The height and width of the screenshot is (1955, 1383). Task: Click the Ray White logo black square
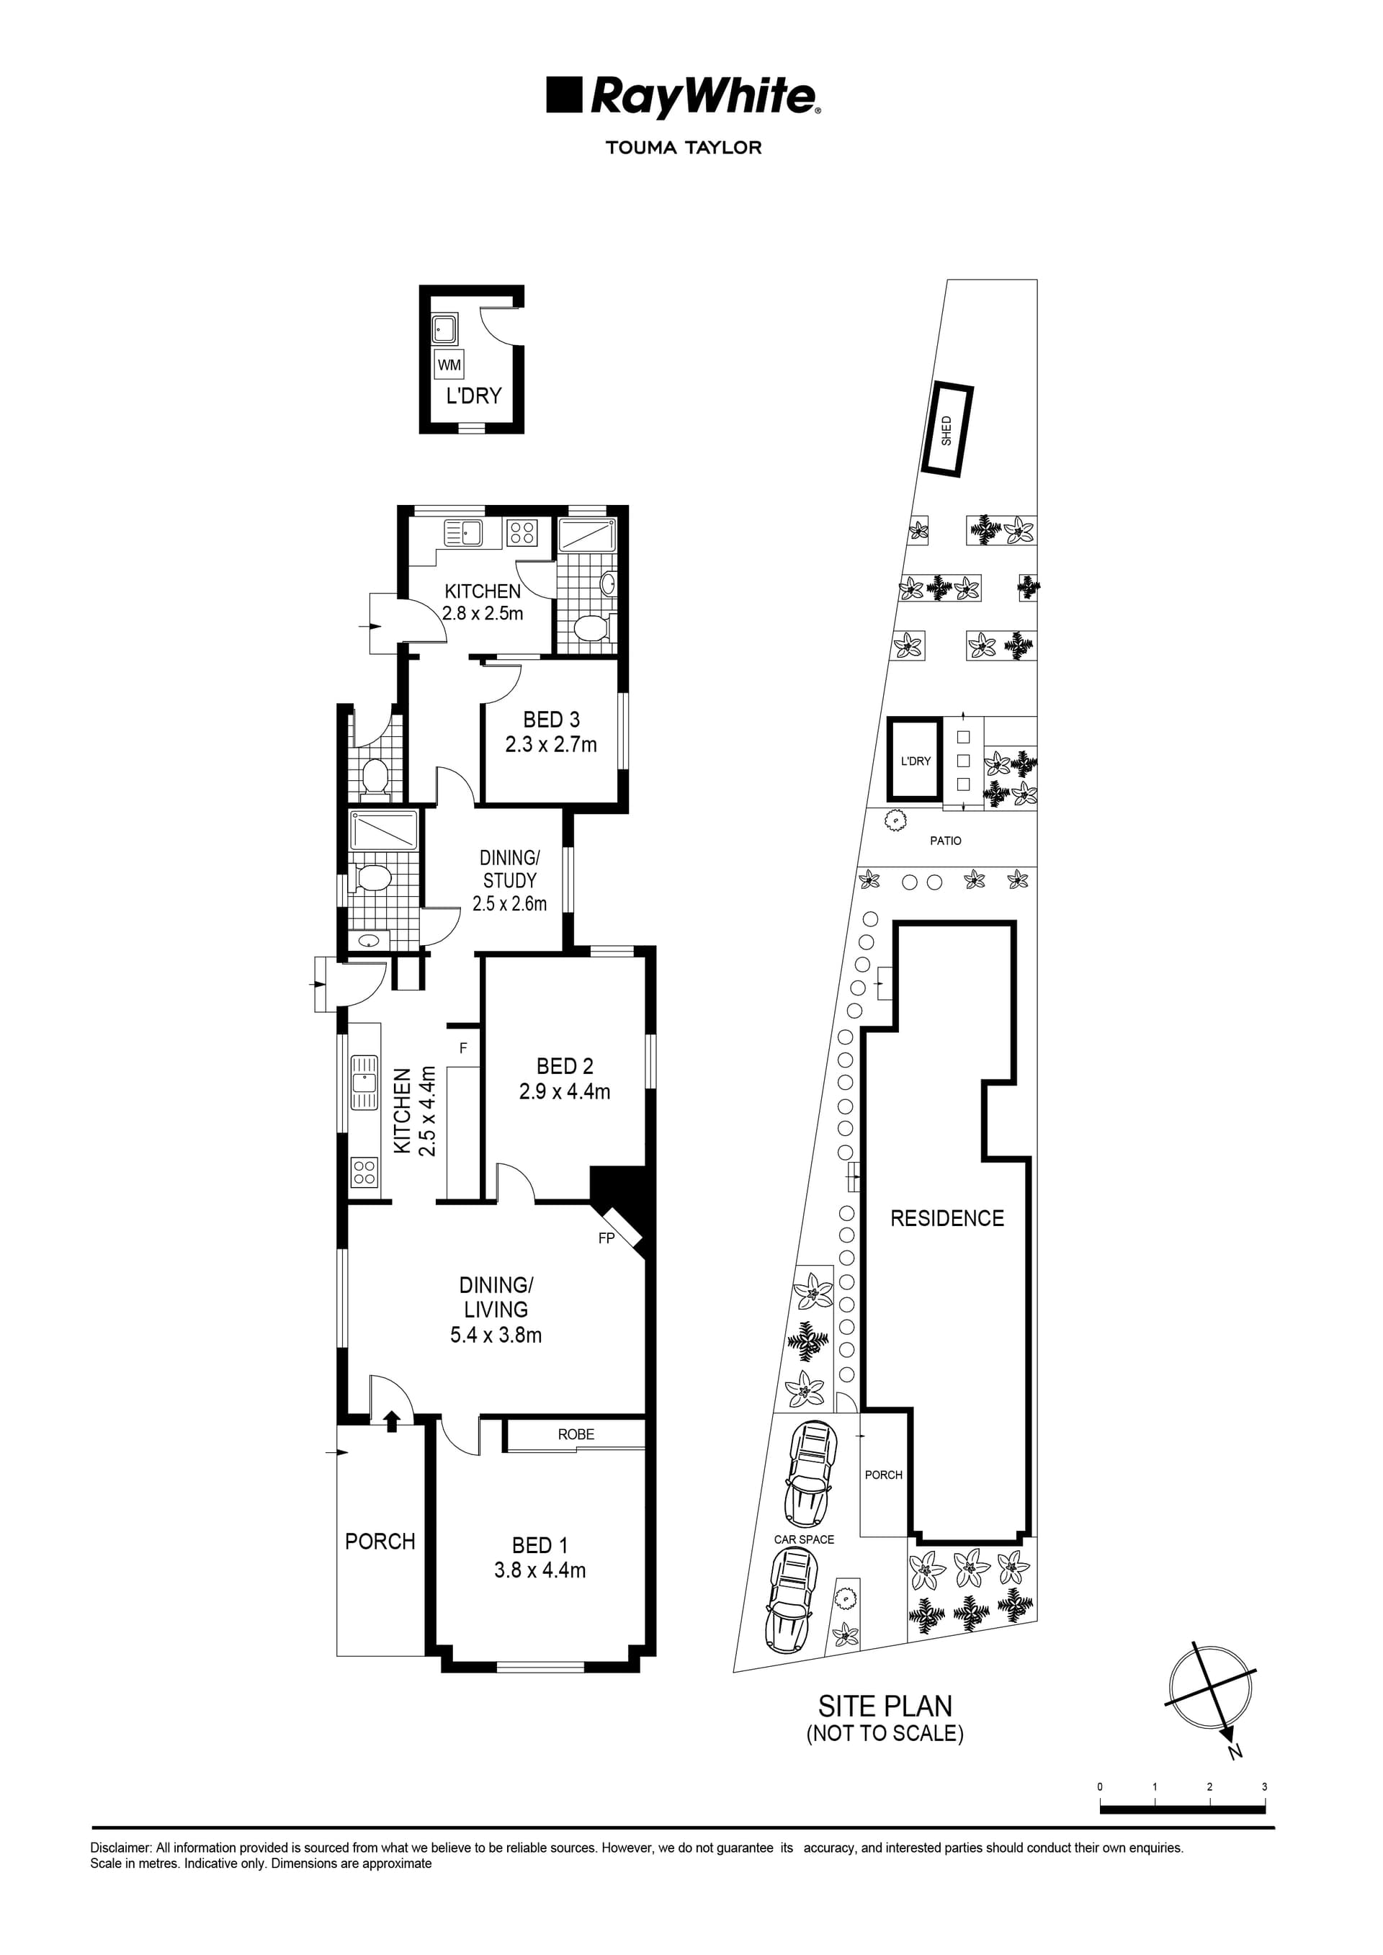pyautogui.click(x=564, y=94)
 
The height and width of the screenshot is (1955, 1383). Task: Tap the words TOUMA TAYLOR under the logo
pyautogui.click(x=683, y=147)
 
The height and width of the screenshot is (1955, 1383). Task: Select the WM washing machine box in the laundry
pyautogui.click(x=449, y=364)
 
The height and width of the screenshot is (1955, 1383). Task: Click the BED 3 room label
pyautogui.click(x=551, y=720)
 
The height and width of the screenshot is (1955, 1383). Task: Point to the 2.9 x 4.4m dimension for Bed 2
pyautogui.click(x=565, y=1091)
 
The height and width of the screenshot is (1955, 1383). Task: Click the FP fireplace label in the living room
pyautogui.click(x=606, y=1238)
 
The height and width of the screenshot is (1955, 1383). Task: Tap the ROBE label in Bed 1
pyautogui.click(x=576, y=1434)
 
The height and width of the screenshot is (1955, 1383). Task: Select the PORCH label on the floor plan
pyautogui.click(x=380, y=1542)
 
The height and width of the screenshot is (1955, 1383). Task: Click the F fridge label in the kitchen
pyautogui.click(x=463, y=1048)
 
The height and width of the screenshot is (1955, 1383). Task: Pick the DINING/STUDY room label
pyautogui.click(x=509, y=869)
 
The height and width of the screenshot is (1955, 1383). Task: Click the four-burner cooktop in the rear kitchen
pyautogui.click(x=522, y=533)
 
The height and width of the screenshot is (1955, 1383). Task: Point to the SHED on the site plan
pyautogui.click(x=946, y=430)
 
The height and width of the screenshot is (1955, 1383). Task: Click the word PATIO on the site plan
pyautogui.click(x=945, y=841)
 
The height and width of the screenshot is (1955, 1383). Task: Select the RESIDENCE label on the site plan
pyautogui.click(x=947, y=1219)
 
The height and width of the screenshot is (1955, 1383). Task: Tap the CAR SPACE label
pyautogui.click(x=804, y=1539)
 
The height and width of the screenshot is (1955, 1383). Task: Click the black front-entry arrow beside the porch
pyautogui.click(x=392, y=1421)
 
